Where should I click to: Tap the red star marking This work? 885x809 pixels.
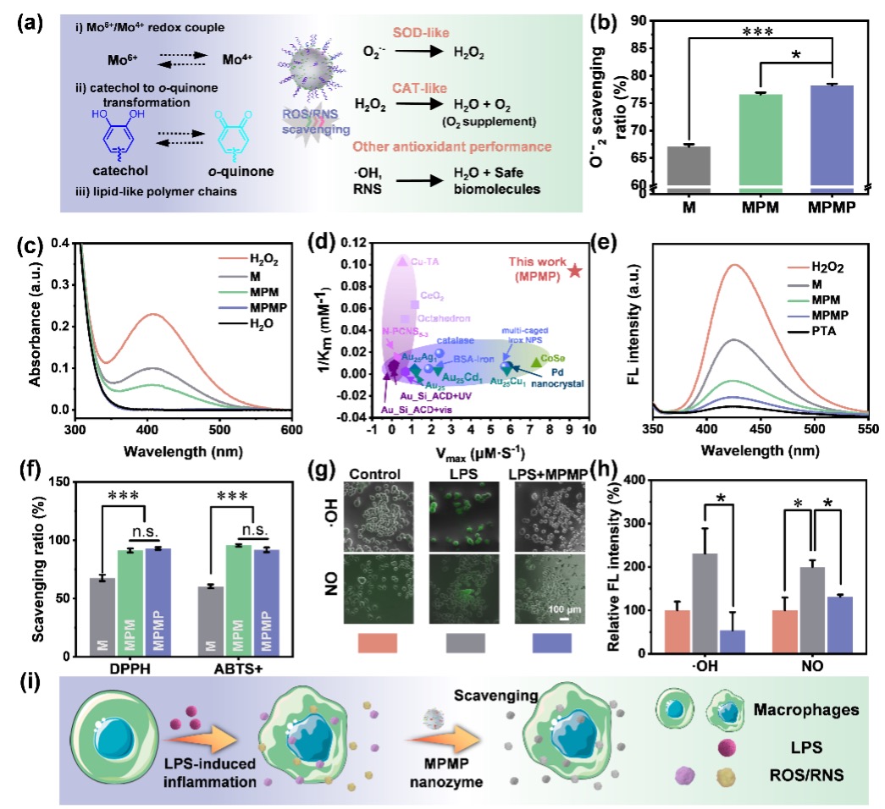[x=574, y=271]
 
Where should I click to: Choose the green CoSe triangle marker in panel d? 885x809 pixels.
[x=536, y=362]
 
